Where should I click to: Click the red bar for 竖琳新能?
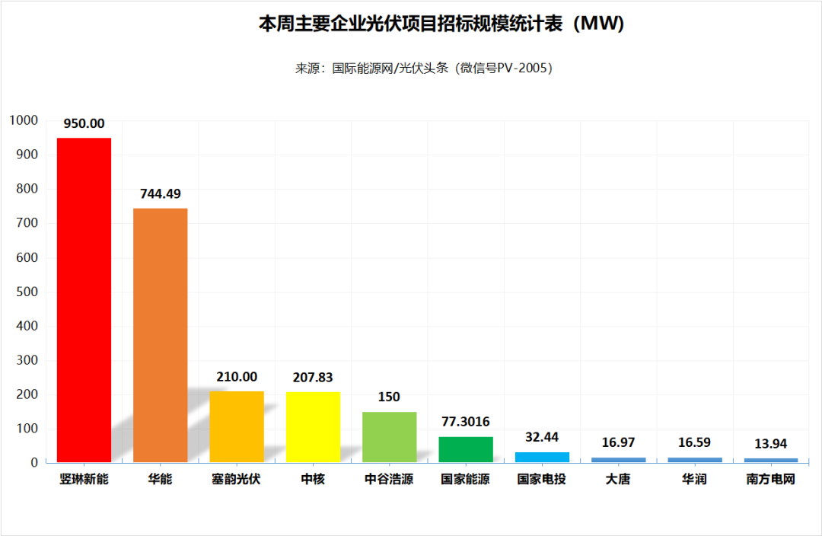point(84,300)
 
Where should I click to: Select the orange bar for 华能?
point(160,335)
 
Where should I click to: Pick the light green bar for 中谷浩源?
point(389,437)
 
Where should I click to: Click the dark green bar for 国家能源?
point(466,450)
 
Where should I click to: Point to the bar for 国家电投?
point(542,457)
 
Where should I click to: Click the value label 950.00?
point(84,124)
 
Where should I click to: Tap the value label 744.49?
point(160,194)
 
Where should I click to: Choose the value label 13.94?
point(771,444)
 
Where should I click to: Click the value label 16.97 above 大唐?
point(618,442)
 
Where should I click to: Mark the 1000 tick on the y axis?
point(23,120)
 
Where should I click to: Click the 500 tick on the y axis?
point(27,292)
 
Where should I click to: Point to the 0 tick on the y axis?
point(34,462)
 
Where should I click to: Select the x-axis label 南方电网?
point(771,480)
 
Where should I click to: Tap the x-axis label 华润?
point(694,480)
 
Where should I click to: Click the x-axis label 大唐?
point(618,480)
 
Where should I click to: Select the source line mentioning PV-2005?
point(424,69)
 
